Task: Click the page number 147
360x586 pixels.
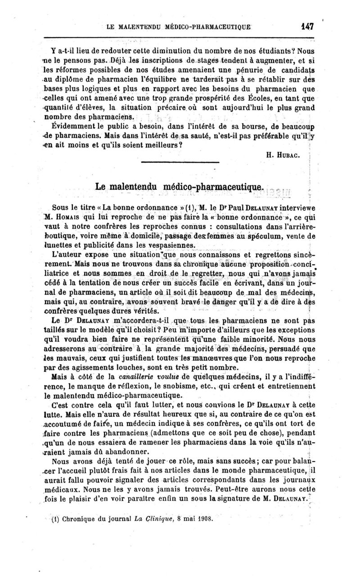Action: [307, 26]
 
